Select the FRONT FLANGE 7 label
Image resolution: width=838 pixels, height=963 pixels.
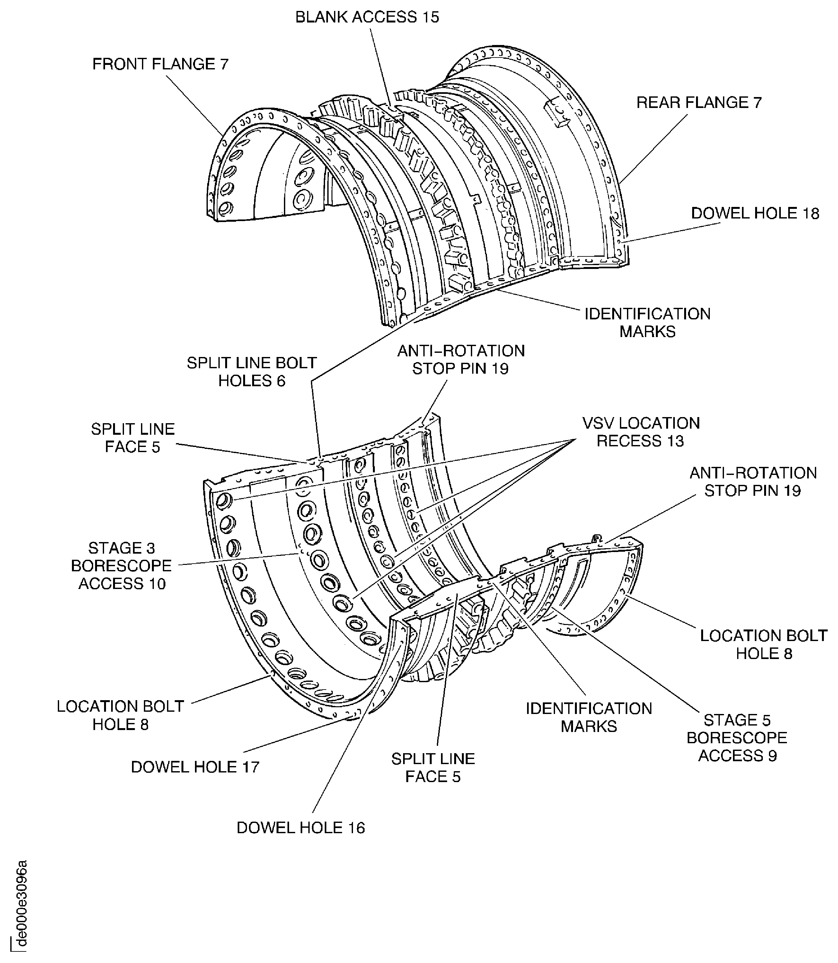[x=160, y=64]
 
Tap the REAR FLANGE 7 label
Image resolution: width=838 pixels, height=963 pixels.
[x=699, y=103]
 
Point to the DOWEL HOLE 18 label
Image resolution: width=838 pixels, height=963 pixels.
[x=755, y=213]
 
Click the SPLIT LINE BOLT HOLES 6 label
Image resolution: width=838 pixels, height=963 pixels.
[x=251, y=372]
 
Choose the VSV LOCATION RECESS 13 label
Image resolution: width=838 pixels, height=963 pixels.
[x=641, y=432]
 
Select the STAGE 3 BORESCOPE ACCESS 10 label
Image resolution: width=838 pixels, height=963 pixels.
[x=122, y=566]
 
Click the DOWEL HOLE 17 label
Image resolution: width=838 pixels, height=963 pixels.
[x=195, y=767]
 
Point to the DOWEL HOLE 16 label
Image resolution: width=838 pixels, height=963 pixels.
[x=300, y=828]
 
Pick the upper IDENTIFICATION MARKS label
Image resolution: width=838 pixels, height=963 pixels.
[x=647, y=322]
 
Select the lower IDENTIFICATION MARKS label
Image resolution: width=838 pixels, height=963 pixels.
[x=589, y=717]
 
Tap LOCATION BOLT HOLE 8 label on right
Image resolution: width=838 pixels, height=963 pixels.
[x=763, y=645]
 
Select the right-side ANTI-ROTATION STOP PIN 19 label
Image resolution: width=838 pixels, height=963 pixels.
[x=753, y=481]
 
